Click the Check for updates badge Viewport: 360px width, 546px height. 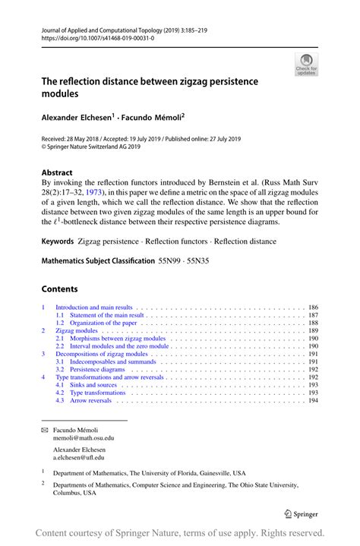(306, 64)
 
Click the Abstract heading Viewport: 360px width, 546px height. (57, 172)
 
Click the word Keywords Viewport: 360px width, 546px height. (58, 241)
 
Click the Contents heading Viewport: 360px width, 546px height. (59, 289)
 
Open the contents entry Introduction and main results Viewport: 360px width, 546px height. (99, 308)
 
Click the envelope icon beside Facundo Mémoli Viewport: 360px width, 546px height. (44, 430)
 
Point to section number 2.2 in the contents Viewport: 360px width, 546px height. (60, 346)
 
